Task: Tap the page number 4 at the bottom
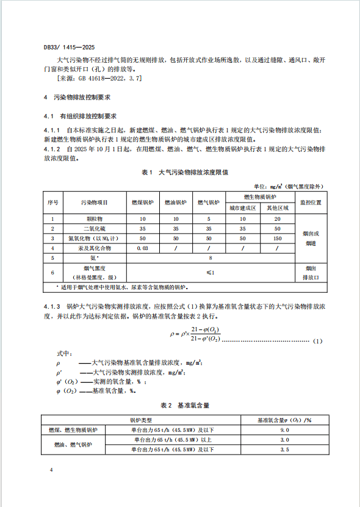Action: pyautogui.click(x=51, y=470)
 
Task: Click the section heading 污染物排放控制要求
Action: pyautogui.click(x=82, y=98)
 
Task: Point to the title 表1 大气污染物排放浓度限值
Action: pyautogui.click(x=184, y=173)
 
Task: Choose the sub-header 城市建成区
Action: pyautogui.click(x=242, y=207)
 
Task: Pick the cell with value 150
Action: pyautogui.click(x=278, y=238)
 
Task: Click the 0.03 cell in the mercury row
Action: pyautogui.click(x=143, y=248)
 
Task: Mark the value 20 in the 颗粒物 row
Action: pyautogui.click(x=278, y=218)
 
